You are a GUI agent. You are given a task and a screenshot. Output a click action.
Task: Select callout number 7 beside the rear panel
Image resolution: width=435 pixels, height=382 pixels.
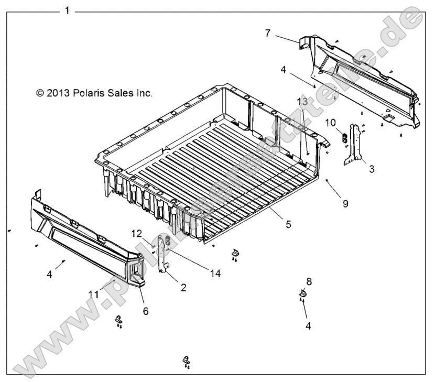point(267,34)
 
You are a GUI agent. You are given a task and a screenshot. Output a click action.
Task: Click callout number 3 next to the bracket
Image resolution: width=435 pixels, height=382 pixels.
point(371,168)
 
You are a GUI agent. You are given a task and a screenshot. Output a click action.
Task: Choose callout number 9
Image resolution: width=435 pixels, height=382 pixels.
point(345,202)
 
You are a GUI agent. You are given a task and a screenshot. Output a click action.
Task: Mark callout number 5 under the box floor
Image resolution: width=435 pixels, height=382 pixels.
point(288,224)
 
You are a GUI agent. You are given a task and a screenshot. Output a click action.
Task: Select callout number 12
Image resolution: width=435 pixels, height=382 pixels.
point(136,233)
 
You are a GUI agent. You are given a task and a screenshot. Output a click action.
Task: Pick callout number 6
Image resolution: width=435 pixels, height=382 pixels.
point(145,311)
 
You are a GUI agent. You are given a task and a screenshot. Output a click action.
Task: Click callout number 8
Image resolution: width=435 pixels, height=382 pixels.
point(309,282)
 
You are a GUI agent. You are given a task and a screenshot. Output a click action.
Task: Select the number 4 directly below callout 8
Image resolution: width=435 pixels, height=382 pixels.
point(308,325)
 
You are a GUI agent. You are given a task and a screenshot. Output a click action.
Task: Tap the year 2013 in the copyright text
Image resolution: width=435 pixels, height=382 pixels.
point(57,93)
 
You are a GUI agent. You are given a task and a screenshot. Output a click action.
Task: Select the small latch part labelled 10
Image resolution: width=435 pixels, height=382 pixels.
point(344,138)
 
